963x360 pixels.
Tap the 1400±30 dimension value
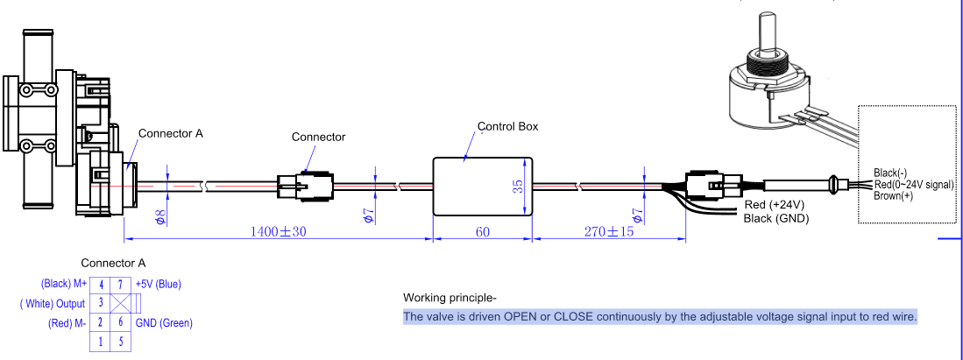[279, 231]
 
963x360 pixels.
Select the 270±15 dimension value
[609, 231]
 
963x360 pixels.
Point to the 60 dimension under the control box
[482, 231]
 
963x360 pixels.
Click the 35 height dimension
[519, 187]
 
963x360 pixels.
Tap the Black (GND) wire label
[775, 218]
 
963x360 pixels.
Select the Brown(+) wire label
[893, 196]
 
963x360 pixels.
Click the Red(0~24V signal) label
[913, 184]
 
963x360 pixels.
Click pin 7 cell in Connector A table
[121, 285]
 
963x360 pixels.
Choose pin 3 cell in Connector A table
[100, 303]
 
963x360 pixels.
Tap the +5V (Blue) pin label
[158, 284]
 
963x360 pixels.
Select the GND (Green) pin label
[164, 322]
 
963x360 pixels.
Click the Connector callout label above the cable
[318, 137]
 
